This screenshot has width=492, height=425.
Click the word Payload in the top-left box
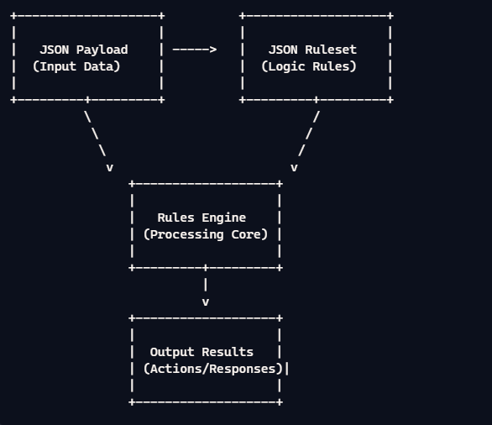tap(102, 50)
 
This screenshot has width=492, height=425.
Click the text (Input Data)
tap(76, 66)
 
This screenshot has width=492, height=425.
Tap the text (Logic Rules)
tap(309, 66)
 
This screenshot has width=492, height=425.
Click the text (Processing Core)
tap(206, 234)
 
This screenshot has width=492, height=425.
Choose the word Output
tap(171, 352)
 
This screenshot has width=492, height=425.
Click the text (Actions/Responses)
tap(212, 369)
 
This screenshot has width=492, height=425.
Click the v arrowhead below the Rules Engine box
tap(206, 302)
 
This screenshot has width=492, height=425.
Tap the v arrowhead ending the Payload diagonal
tap(109, 167)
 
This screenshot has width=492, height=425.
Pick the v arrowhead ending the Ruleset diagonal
tap(295, 167)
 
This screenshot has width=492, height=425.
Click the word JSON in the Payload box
tap(54, 50)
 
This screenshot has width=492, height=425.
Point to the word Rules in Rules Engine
tap(175, 218)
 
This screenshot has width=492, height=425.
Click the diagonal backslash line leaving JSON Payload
tap(95, 134)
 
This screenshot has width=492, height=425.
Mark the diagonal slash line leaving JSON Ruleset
tap(309, 134)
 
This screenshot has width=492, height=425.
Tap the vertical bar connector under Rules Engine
tap(206, 285)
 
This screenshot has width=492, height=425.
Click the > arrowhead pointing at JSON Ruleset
tap(213, 50)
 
